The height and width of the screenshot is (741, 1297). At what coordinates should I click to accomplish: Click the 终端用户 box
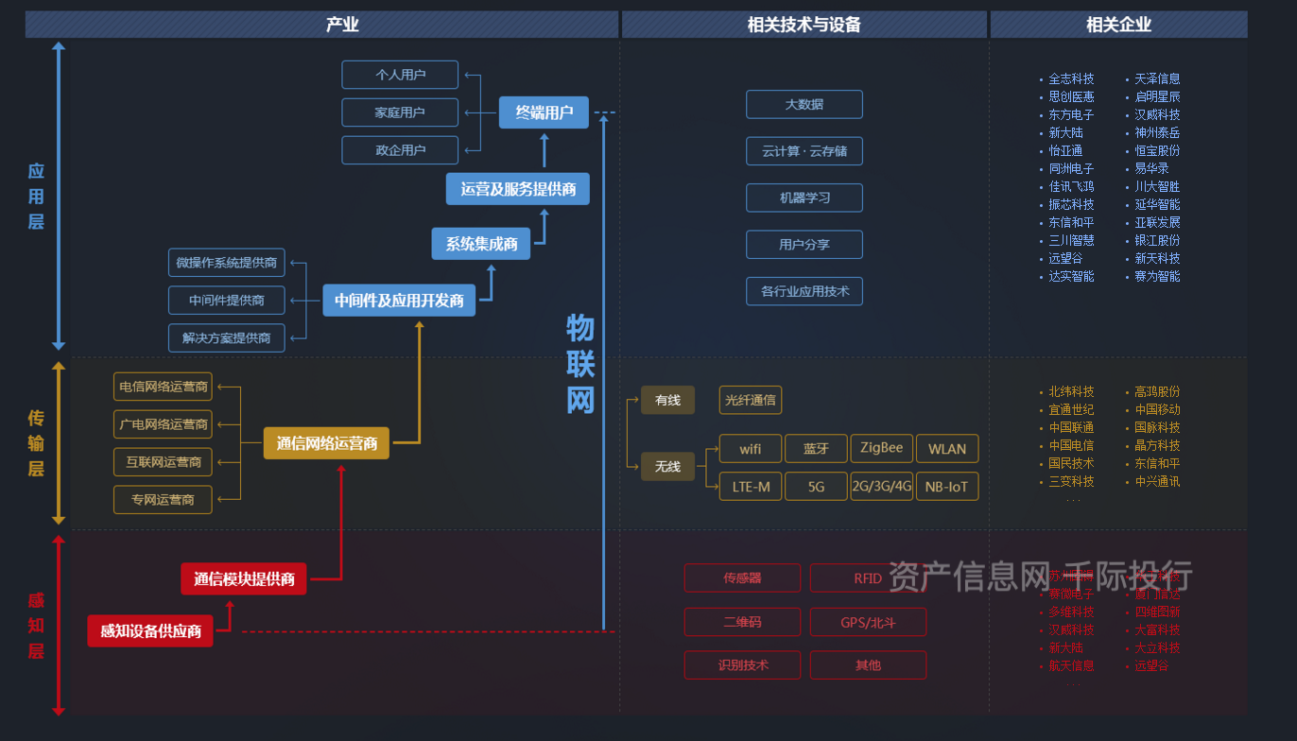[544, 112]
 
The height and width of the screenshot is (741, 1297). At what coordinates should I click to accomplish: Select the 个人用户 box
[400, 75]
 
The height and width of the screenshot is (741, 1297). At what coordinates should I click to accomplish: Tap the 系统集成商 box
[481, 244]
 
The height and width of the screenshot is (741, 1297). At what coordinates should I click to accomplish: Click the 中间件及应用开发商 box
[399, 301]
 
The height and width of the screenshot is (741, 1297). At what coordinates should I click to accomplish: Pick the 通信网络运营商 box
[326, 443]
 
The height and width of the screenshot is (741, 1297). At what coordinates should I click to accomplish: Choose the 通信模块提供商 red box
[244, 579]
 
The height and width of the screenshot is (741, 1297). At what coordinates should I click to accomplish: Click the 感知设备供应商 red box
[150, 631]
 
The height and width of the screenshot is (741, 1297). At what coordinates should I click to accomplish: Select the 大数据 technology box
[804, 104]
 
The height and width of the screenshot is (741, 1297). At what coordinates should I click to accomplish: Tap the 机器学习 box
[804, 198]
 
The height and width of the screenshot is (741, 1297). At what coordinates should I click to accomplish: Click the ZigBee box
[881, 448]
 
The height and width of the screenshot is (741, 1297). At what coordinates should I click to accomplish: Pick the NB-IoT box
[946, 487]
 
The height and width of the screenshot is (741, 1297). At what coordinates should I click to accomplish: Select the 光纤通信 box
[750, 400]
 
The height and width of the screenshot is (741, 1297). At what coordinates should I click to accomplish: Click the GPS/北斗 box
[868, 622]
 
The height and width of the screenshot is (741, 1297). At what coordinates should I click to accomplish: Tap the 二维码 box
[742, 622]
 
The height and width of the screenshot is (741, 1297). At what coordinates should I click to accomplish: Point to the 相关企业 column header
[1118, 25]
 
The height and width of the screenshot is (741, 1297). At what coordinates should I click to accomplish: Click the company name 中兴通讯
[1157, 481]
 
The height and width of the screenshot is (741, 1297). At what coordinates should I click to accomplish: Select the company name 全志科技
[1071, 78]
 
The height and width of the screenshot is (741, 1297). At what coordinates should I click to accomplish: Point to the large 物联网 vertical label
[579, 364]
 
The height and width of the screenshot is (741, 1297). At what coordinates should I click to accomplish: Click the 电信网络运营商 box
[163, 387]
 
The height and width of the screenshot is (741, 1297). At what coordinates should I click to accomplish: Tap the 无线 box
[667, 466]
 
